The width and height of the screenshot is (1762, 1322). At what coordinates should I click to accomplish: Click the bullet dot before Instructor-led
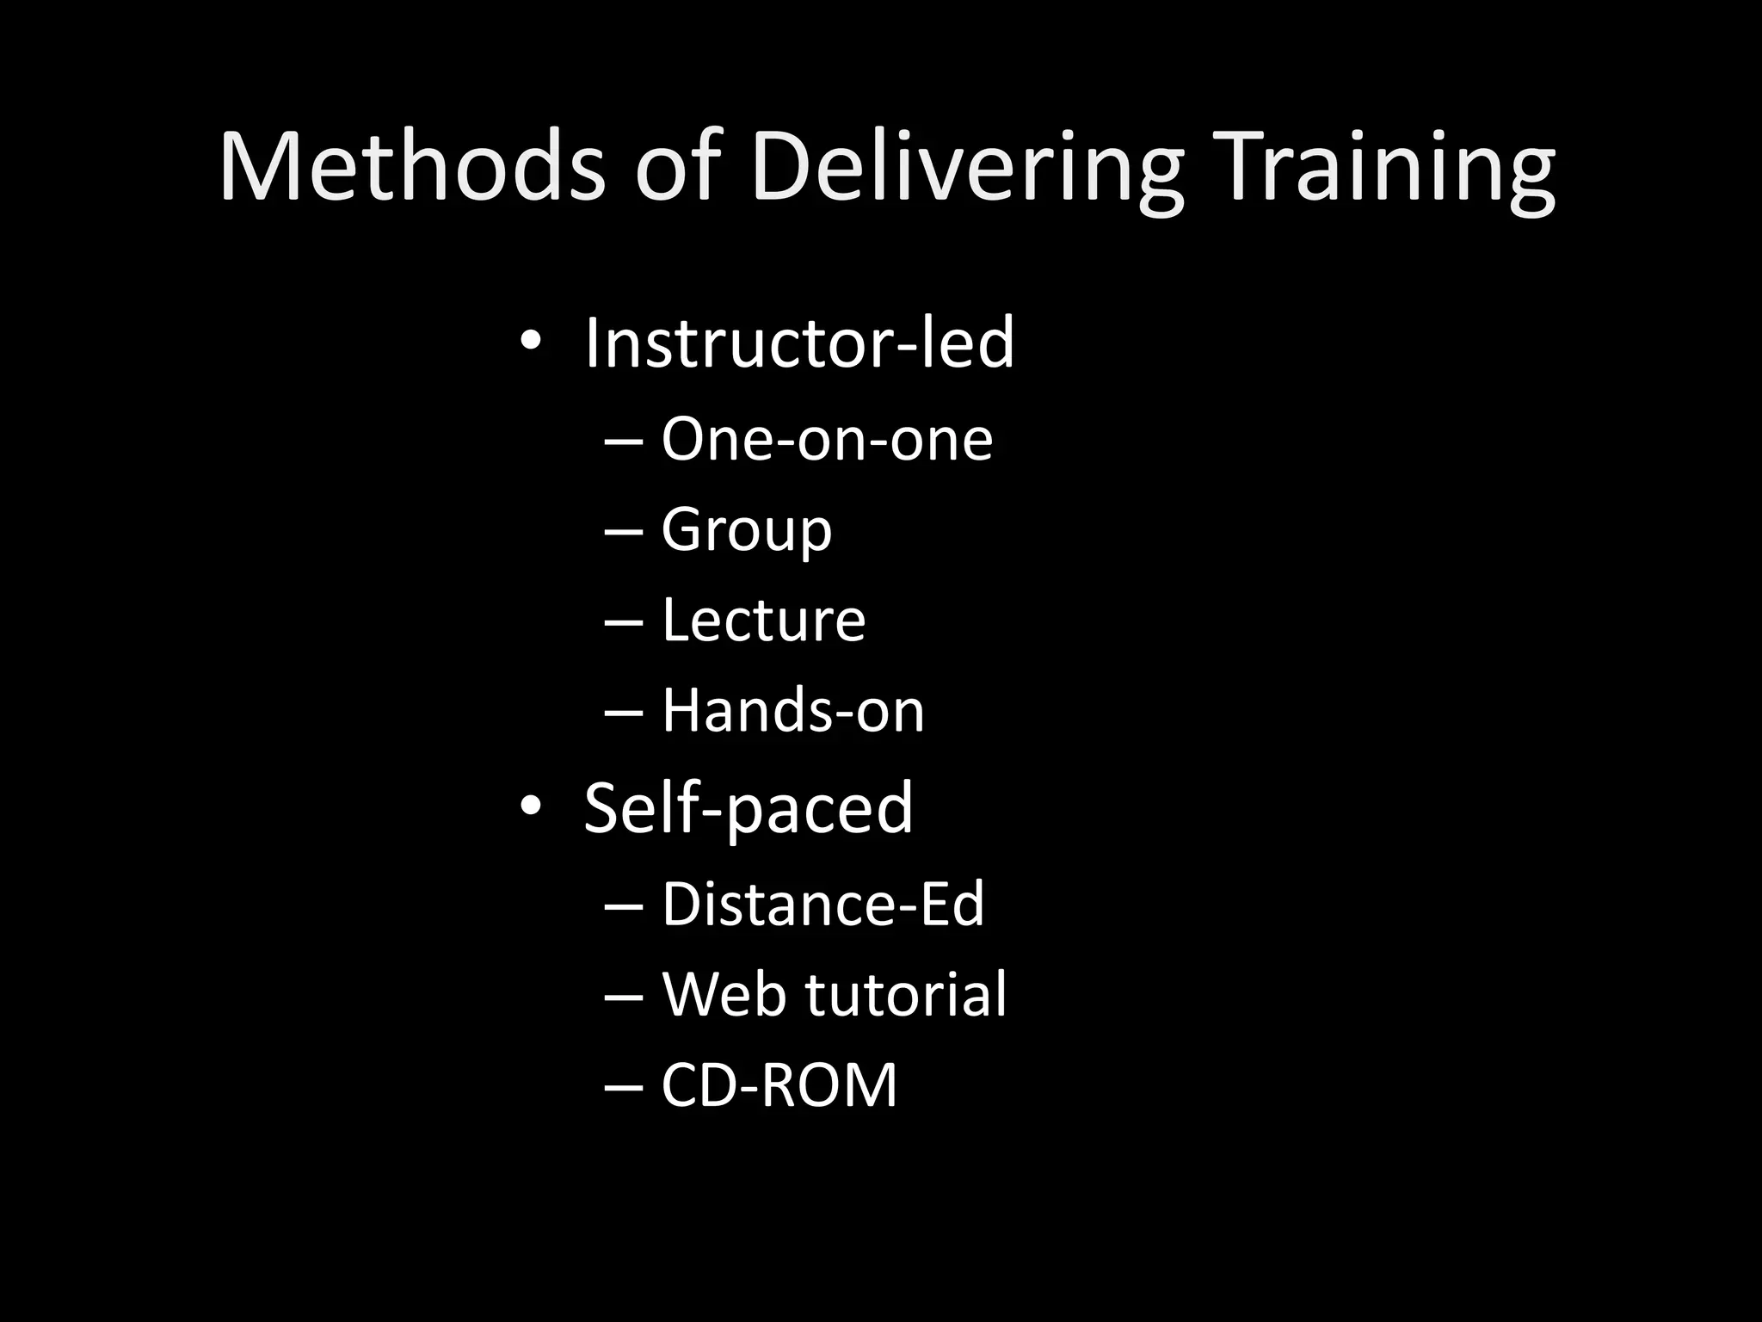tap(530, 343)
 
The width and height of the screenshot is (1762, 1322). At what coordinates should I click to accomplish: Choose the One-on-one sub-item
tap(827, 439)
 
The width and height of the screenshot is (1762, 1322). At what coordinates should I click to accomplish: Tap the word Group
tap(746, 530)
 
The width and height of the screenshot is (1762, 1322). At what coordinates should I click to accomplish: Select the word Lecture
tap(763, 620)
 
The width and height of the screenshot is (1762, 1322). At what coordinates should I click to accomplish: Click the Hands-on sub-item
tap(792, 711)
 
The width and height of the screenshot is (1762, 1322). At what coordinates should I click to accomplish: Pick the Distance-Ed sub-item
tap(822, 904)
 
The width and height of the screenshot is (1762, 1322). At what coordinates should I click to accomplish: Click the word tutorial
tap(905, 994)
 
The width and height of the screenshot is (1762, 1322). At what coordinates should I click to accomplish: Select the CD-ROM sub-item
tap(779, 1084)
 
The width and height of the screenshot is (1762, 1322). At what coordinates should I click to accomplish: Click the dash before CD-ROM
tap(624, 1087)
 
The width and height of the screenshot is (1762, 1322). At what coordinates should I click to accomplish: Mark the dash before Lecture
tap(624, 622)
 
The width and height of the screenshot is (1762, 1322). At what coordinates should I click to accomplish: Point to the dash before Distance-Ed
tap(624, 906)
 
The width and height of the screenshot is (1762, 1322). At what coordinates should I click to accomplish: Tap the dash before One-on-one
tap(624, 442)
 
